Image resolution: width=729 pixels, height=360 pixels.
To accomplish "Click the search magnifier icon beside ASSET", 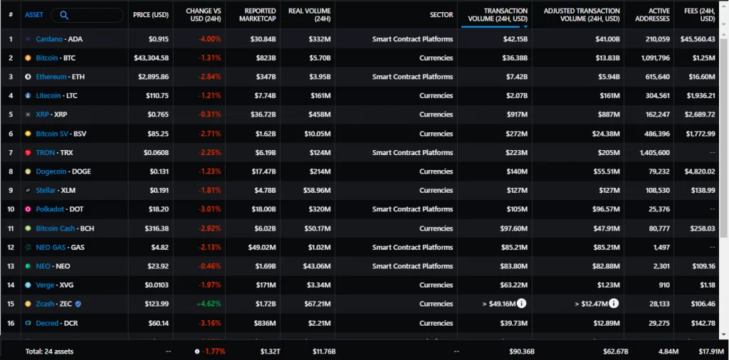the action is pos(64,16).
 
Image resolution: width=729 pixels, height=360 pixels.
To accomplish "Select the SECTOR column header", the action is pos(441,15).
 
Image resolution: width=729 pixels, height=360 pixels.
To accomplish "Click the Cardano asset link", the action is pos(49,39).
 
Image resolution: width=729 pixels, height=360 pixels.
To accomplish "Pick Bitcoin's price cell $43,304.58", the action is pos(154,58).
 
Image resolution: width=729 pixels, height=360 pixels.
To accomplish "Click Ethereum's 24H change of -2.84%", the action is pos(210,77).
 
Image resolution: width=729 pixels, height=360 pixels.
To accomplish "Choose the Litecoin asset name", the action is pos(48,95).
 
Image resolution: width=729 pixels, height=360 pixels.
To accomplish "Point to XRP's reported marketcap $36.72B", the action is pos(263,115).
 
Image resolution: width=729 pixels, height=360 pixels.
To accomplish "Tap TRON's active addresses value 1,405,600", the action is pos(655,152).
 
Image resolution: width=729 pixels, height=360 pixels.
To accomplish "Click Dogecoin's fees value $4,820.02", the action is pos(700,171).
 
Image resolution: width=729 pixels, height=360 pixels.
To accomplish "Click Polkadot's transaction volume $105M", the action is pos(517,209).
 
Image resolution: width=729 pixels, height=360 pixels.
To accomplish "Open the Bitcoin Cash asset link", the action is pos(55,228).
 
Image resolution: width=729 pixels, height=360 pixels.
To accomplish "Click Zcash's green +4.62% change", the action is pos(210,304).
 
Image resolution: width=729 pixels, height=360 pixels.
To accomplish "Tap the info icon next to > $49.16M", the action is pos(522,304).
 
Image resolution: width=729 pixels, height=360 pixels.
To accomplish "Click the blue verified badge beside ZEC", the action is pos(78,304).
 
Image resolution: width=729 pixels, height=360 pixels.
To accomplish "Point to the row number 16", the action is pos(11,323).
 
